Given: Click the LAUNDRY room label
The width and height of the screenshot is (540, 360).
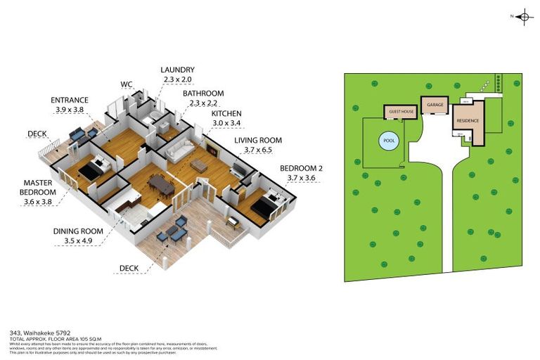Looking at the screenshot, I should point(176,70).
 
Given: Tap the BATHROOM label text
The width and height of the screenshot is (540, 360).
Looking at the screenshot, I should point(203,94).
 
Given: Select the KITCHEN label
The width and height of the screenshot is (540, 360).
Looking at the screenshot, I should point(226,113).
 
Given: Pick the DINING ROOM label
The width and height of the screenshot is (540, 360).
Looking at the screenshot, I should point(78,231).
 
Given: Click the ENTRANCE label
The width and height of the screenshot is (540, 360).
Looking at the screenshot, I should point(69,101).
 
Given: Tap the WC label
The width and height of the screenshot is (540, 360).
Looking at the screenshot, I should point(127,84).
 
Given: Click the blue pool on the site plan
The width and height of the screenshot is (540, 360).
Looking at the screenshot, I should point(388,141).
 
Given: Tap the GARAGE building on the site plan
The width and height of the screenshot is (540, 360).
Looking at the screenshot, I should point(435,105).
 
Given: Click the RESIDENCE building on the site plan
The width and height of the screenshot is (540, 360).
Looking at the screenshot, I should point(469,121).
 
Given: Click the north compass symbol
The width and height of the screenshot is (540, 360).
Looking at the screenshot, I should point(523,16).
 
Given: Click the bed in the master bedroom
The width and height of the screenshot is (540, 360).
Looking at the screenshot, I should point(91,170).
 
